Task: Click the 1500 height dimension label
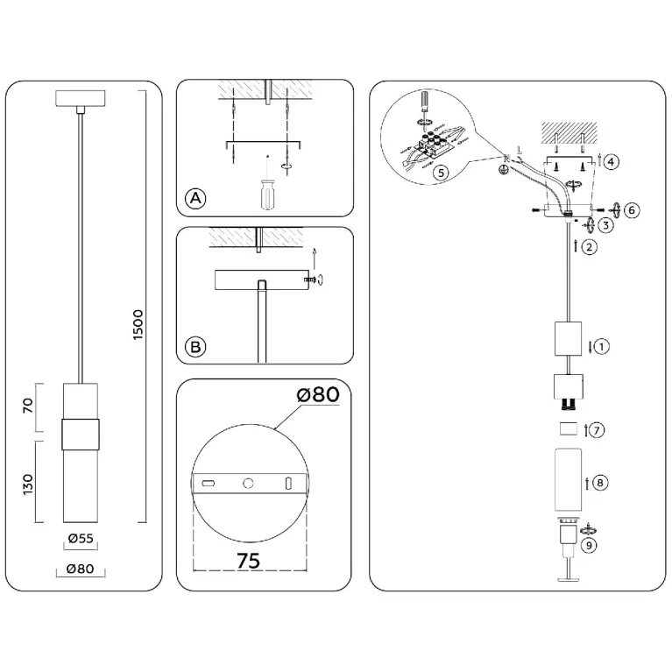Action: [x=138, y=324]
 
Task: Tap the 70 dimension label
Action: [x=27, y=405]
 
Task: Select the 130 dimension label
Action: [x=27, y=485]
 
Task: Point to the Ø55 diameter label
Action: [x=81, y=538]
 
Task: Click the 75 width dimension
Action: [x=249, y=560]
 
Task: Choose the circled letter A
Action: [x=195, y=198]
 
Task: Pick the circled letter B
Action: [x=195, y=346]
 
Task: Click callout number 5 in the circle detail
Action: [x=441, y=173]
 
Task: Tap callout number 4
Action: [x=612, y=161]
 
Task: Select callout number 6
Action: [x=632, y=210]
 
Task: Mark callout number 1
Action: [x=601, y=346]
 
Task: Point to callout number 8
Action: [x=600, y=483]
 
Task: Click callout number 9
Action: [x=589, y=545]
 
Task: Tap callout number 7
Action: [x=597, y=430]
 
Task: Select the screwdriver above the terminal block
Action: [x=425, y=101]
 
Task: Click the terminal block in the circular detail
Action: [x=434, y=145]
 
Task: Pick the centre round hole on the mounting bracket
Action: [x=248, y=484]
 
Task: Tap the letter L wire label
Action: [x=520, y=151]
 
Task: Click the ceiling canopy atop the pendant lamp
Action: [x=80, y=98]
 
